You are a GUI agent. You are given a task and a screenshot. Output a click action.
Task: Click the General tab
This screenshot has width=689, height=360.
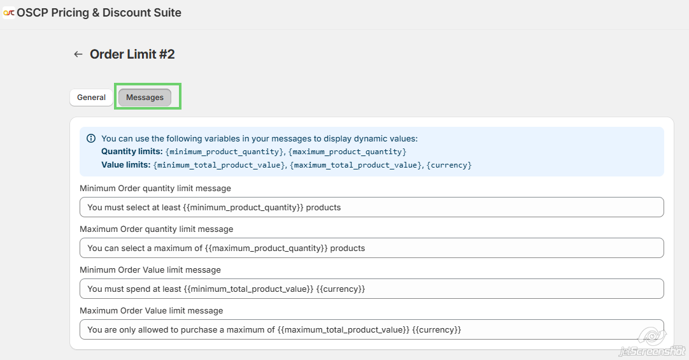click(91, 97)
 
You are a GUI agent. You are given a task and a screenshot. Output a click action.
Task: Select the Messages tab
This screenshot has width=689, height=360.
click(145, 97)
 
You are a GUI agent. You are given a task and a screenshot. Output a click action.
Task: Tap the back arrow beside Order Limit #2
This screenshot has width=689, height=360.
click(78, 54)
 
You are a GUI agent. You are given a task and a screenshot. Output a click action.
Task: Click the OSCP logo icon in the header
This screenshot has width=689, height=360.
click(9, 13)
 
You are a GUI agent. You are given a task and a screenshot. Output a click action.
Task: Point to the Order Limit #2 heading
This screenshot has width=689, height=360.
click(132, 54)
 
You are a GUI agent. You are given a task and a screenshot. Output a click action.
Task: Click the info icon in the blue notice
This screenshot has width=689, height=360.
click(91, 138)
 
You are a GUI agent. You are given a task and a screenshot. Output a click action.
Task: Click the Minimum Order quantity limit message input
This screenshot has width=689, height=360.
click(371, 207)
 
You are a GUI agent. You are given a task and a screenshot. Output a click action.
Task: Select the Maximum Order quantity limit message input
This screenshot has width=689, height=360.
click(371, 248)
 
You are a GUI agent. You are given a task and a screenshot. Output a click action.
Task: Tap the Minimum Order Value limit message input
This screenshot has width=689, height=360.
click(371, 289)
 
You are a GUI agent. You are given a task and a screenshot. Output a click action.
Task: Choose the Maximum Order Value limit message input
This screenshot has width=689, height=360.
click(371, 329)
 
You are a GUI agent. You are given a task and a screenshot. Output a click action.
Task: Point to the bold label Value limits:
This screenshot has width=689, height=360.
click(125, 165)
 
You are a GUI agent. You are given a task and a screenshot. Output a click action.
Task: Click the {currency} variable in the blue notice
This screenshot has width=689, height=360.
click(450, 165)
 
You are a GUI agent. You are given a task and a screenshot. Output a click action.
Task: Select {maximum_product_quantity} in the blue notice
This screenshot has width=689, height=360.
click(347, 152)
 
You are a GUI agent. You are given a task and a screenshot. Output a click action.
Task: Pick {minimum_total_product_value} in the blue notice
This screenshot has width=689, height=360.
click(220, 165)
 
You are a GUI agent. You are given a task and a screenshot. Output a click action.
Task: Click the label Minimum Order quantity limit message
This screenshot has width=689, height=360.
click(155, 189)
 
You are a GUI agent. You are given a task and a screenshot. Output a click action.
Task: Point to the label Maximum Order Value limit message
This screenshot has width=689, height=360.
click(151, 311)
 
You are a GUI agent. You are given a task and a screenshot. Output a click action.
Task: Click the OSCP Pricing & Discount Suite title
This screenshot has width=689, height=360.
click(99, 13)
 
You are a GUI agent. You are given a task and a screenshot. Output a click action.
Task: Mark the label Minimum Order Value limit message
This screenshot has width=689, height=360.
click(150, 270)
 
